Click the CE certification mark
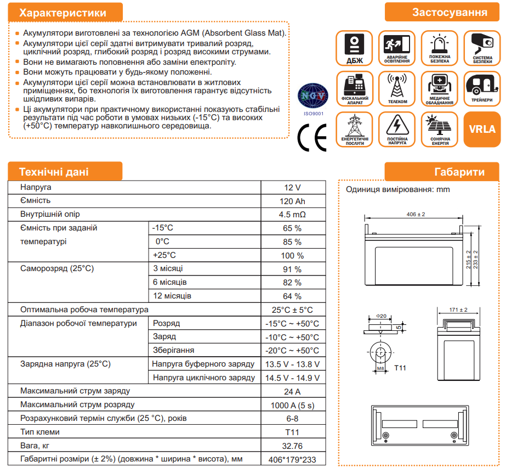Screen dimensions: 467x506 (x=311, y=137)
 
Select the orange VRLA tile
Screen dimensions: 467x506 (x=482, y=130)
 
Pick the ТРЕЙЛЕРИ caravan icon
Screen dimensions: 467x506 (x=482, y=88)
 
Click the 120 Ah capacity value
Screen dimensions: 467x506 (x=292, y=201)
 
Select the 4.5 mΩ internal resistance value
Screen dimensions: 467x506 (x=292, y=215)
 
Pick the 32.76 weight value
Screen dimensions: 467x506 (x=292, y=446)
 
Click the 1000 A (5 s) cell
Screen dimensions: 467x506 (x=292, y=405)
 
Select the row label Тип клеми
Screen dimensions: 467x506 (x=40, y=432)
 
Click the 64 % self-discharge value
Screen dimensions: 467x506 (x=292, y=296)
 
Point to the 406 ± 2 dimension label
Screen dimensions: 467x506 (x=416, y=214)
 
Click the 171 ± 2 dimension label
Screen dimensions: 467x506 (x=458, y=310)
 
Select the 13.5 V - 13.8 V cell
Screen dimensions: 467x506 (x=292, y=364)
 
